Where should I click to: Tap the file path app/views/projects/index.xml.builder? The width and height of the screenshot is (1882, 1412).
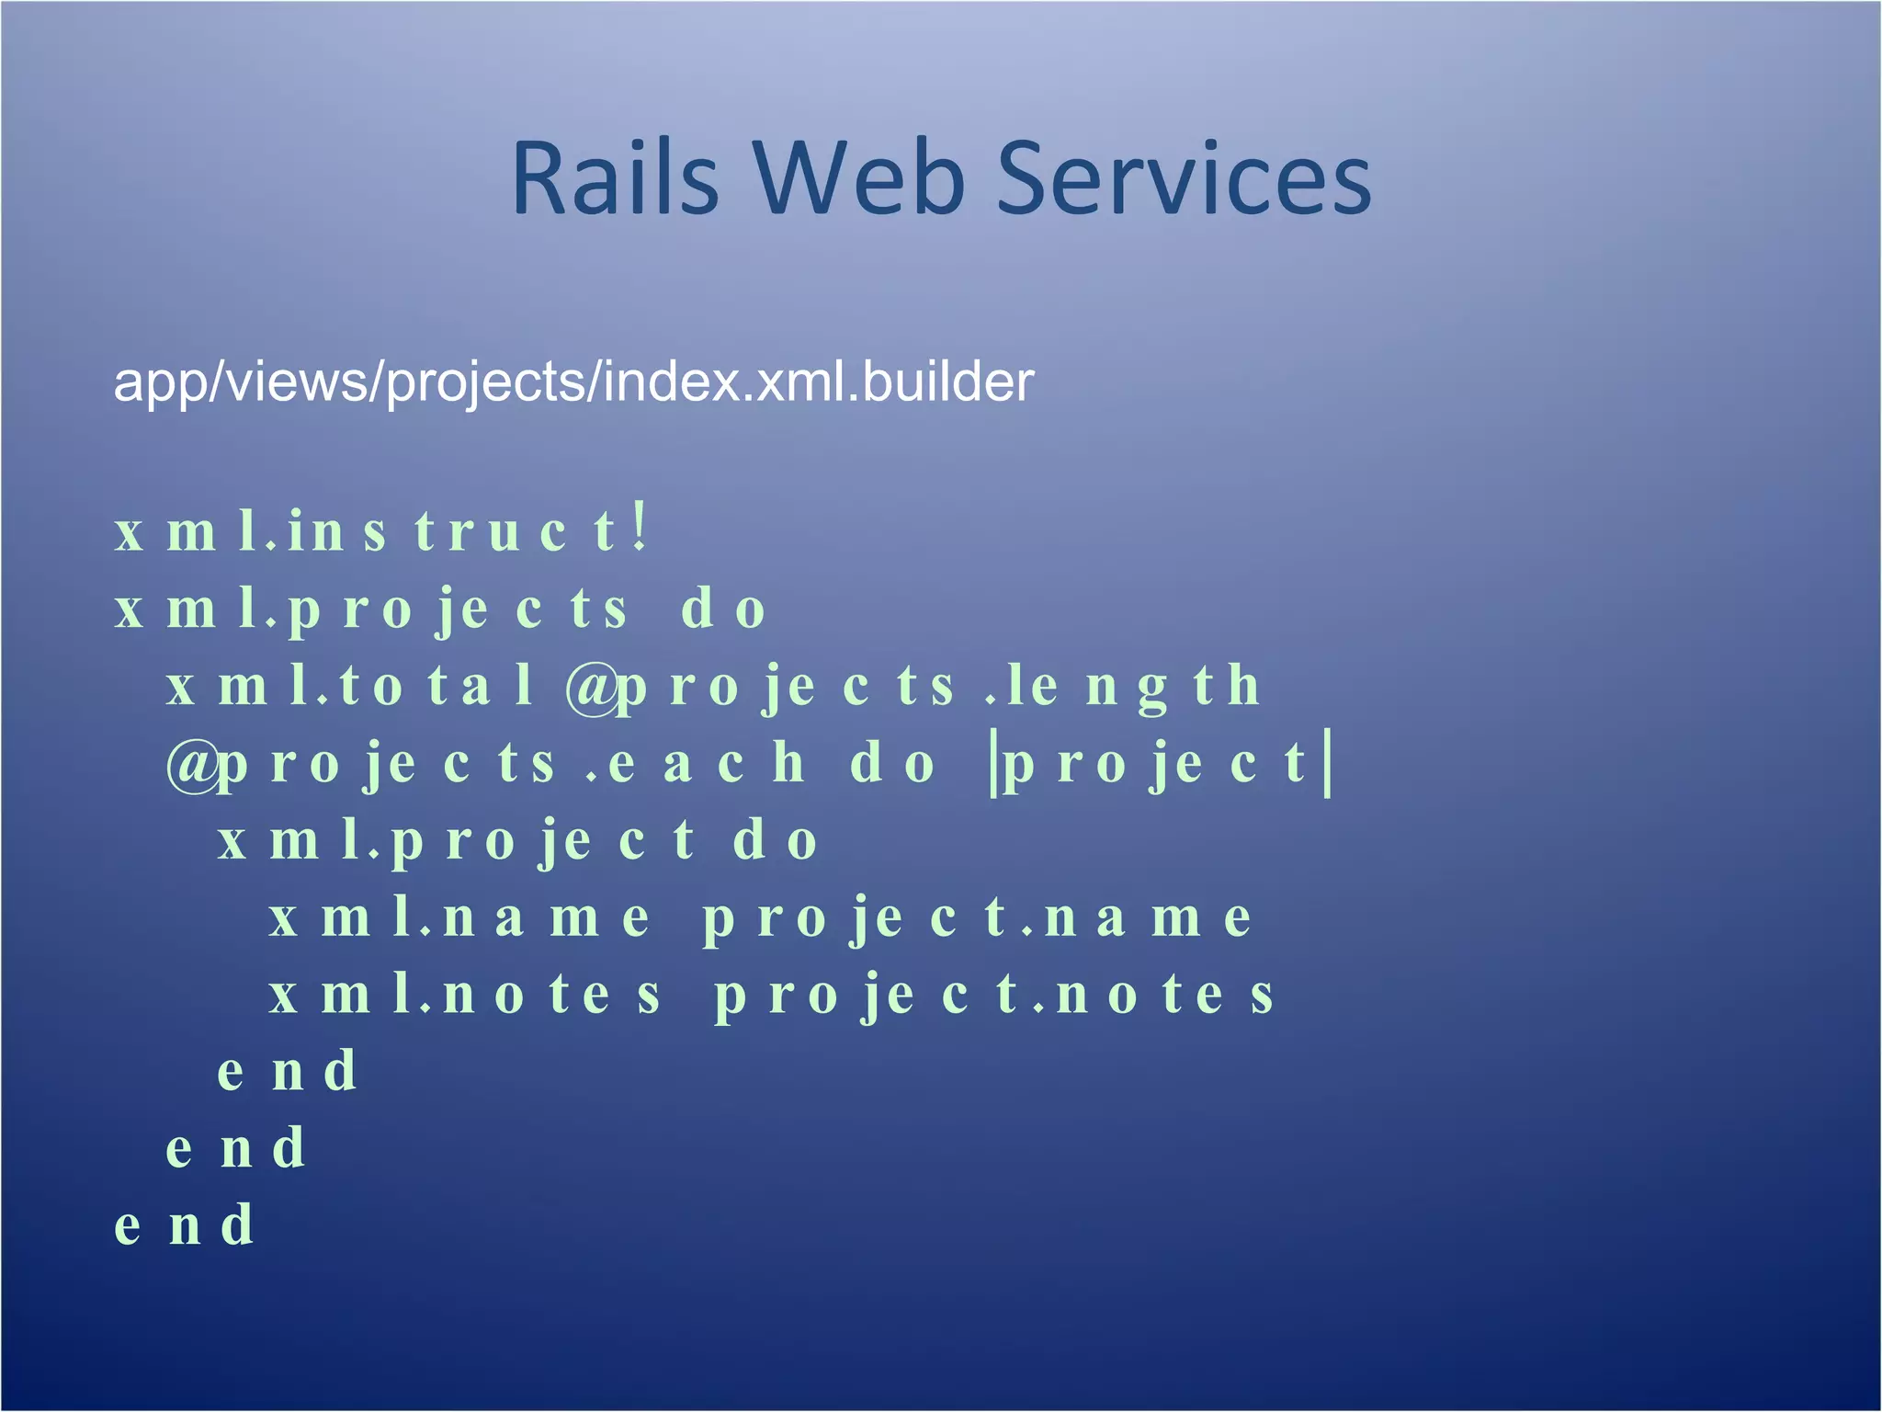[573, 381]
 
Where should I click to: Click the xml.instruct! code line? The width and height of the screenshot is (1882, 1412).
[381, 531]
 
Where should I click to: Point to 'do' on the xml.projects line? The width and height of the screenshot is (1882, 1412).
[723, 609]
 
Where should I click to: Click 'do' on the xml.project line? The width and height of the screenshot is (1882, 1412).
[775, 841]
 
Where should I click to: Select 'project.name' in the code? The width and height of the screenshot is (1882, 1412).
[977, 918]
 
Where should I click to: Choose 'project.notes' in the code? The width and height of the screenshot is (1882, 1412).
[994, 996]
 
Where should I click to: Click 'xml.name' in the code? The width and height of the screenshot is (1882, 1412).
[459, 918]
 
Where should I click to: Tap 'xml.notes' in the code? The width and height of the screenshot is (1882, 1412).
[465, 996]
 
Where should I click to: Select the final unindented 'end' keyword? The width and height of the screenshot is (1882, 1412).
[184, 1226]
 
